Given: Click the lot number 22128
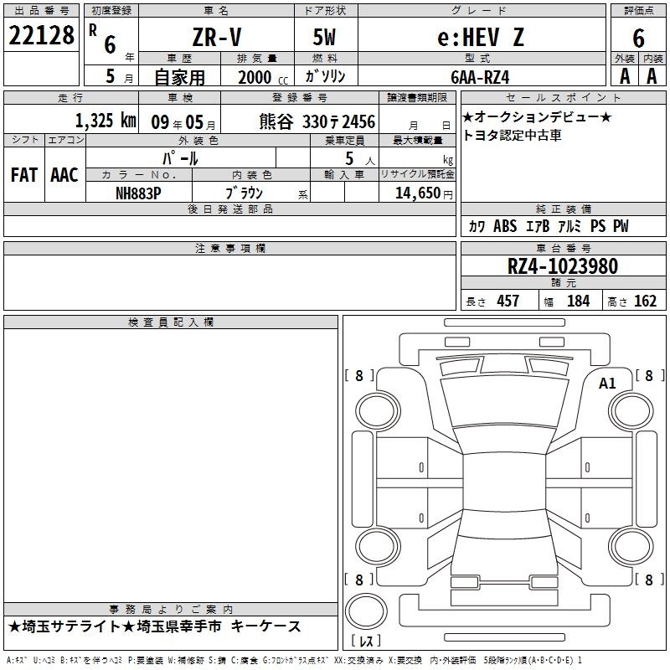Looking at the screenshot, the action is [41, 35].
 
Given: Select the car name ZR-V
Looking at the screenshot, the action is [217, 37].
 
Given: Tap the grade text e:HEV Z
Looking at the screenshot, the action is [481, 37].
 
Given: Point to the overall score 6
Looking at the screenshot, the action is [638, 38].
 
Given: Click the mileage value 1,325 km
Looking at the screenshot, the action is [106, 121].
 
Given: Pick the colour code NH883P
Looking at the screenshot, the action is [138, 193].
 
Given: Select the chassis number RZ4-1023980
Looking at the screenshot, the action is [563, 266].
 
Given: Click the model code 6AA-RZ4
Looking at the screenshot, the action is [480, 77].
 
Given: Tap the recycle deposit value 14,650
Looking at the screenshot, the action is [418, 193].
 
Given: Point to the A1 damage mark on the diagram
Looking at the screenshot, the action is [607, 384].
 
